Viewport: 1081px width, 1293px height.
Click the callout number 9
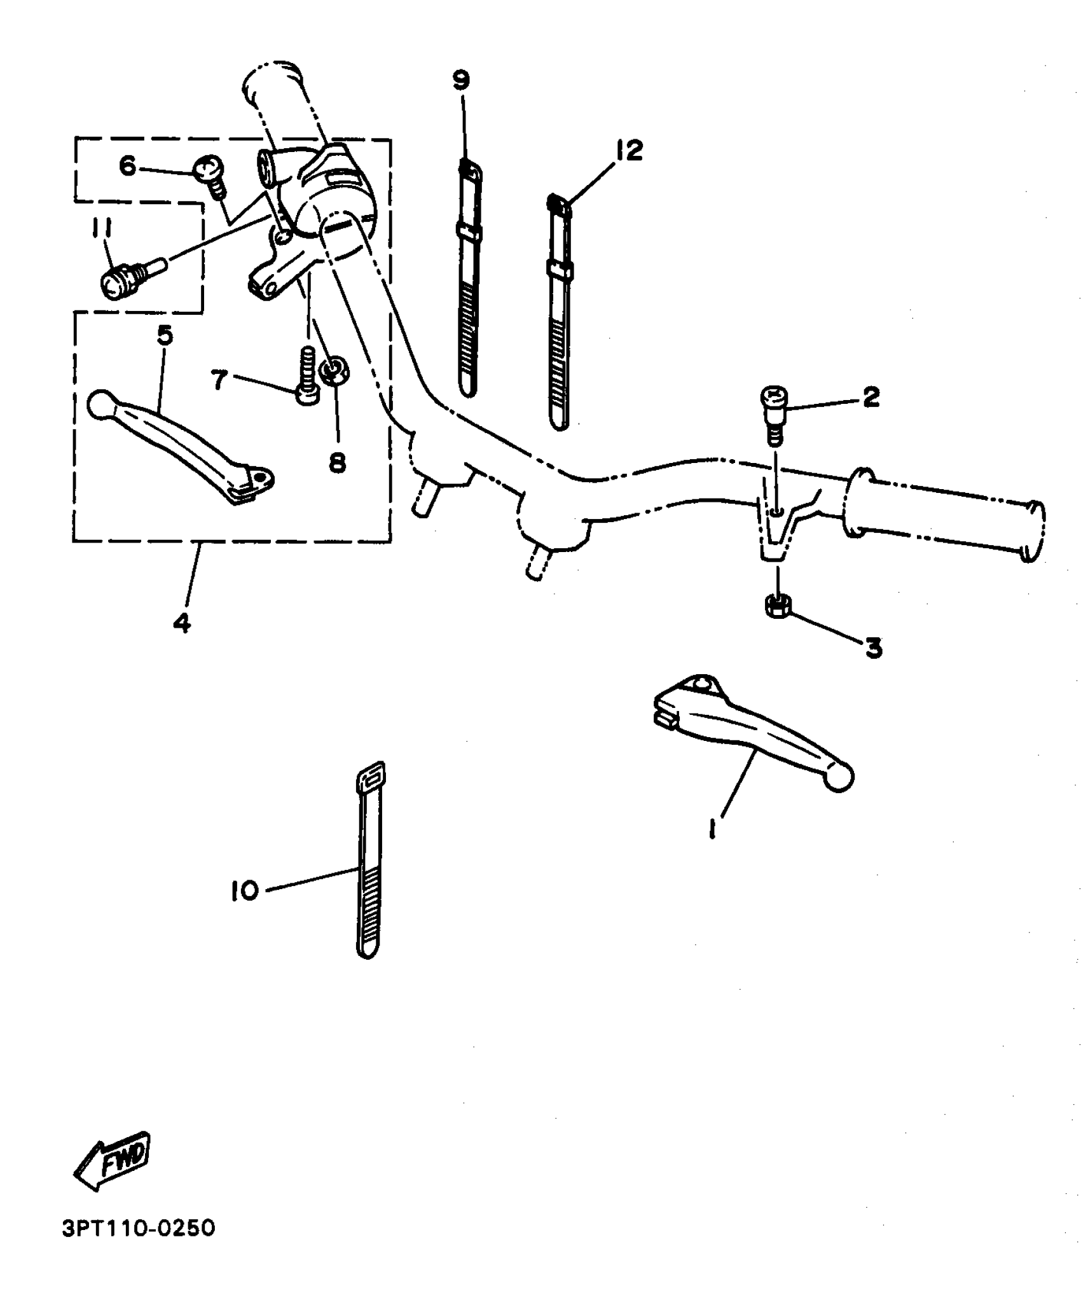[x=461, y=81]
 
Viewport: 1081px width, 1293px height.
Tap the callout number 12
[x=629, y=151]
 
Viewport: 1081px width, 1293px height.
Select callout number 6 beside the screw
[x=128, y=167]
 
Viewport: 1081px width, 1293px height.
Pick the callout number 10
[x=245, y=890]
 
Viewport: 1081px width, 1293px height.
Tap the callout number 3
[x=874, y=648]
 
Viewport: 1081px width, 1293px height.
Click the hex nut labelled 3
[x=776, y=607]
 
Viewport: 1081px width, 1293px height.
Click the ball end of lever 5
[x=99, y=405]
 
